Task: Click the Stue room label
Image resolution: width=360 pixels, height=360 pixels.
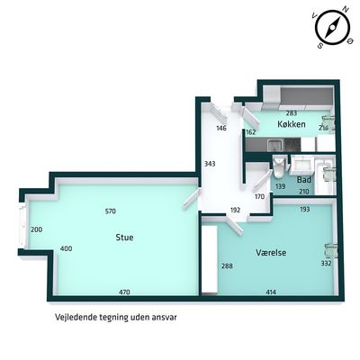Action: [124, 238]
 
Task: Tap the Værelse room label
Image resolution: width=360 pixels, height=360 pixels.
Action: [271, 252]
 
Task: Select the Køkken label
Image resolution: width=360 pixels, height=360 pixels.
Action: [292, 124]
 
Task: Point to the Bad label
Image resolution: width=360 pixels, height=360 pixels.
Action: [304, 180]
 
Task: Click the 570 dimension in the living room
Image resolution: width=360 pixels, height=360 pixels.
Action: [111, 211]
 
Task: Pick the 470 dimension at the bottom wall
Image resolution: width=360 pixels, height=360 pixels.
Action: [124, 292]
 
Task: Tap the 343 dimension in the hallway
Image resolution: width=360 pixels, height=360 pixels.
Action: [210, 164]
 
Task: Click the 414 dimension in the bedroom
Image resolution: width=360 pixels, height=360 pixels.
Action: [271, 292]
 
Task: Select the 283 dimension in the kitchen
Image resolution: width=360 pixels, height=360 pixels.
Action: [292, 113]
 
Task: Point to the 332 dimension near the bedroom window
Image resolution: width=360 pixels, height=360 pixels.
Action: [326, 263]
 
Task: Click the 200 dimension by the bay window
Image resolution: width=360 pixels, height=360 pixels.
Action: [37, 229]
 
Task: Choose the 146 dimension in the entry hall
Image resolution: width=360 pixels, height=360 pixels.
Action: [221, 129]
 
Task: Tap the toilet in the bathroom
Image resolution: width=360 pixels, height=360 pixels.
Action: [279, 168]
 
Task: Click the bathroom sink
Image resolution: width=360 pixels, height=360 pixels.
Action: [301, 165]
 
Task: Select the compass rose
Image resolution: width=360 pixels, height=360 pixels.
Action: [332, 27]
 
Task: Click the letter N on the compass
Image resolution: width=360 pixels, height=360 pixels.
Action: [346, 10]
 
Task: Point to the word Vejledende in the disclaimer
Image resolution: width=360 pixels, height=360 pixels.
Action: [76, 318]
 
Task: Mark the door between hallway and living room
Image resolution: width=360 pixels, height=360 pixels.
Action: [192, 199]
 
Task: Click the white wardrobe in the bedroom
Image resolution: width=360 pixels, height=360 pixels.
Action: [209, 260]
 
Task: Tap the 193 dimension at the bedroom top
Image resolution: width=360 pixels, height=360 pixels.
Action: [305, 209]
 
